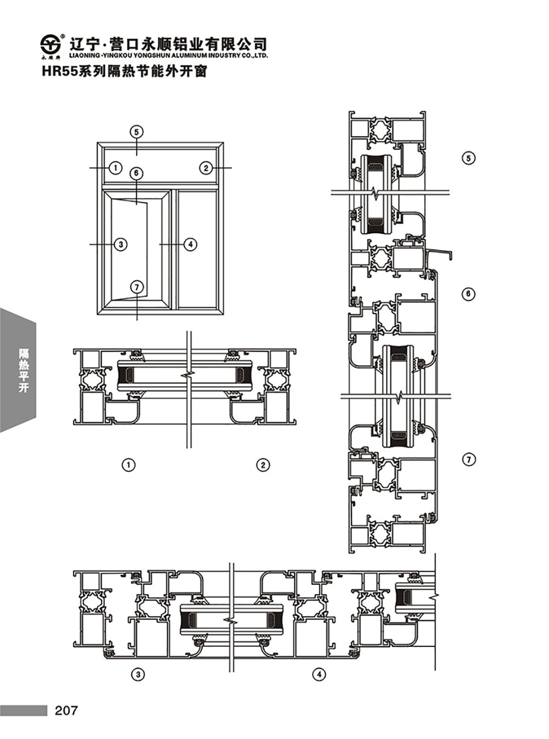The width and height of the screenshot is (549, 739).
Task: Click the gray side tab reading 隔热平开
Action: (18, 370)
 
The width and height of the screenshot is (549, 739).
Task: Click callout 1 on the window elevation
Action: (115, 167)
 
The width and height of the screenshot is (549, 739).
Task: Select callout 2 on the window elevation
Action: (206, 167)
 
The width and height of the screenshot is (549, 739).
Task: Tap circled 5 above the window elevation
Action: (136, 132)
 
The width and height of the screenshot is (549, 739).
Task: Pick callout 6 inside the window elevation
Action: (136, 173)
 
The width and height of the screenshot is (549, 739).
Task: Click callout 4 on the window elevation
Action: (191, 244)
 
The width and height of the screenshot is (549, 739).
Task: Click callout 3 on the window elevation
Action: (121, 244)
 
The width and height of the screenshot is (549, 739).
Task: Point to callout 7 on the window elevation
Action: (137, 287)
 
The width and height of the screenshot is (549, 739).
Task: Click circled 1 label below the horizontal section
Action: (129, 465)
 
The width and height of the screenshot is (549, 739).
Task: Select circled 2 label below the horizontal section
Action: (263, 465)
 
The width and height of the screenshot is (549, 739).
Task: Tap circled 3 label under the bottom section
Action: (139, 675)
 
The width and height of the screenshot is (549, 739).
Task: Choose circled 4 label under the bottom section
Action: (319, 675)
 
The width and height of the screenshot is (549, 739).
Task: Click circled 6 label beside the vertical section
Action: (468, 294)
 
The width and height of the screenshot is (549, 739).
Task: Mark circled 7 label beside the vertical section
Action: (469, 460)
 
